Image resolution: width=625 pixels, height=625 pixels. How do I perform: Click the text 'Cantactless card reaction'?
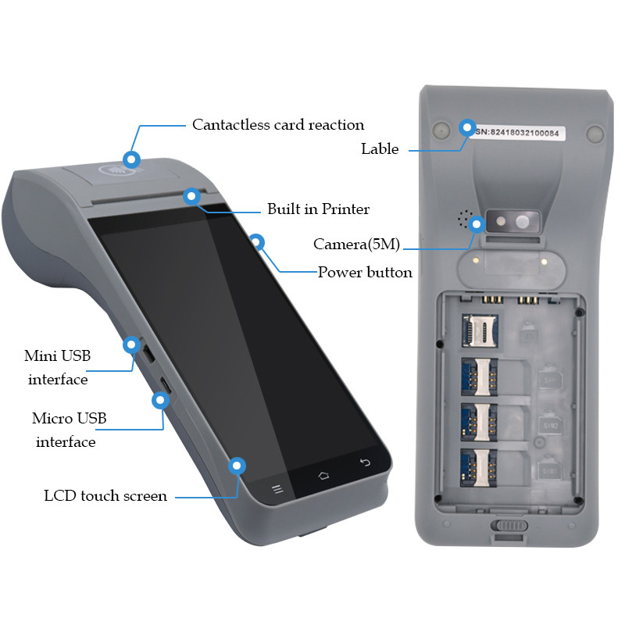278,125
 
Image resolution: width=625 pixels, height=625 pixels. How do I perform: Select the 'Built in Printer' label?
318,209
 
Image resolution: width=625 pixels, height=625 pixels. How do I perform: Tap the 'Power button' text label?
365,273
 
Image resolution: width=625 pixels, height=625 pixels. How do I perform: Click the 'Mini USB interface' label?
57,368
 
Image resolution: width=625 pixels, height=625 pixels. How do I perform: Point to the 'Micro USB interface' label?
68,430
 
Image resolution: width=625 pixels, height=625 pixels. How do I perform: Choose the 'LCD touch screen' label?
105,496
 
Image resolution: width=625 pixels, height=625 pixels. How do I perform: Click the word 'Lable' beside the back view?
380,149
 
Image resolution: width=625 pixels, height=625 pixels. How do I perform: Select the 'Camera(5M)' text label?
357,245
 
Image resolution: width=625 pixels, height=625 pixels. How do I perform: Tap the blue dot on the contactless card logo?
132,159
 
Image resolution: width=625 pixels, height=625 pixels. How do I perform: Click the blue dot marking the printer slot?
191,196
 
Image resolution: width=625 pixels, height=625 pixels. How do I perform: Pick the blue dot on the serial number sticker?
467,127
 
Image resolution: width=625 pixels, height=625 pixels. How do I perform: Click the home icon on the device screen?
323,475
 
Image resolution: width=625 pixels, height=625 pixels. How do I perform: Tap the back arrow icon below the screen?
365,462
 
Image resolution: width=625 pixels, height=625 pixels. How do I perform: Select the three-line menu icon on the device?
277,490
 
